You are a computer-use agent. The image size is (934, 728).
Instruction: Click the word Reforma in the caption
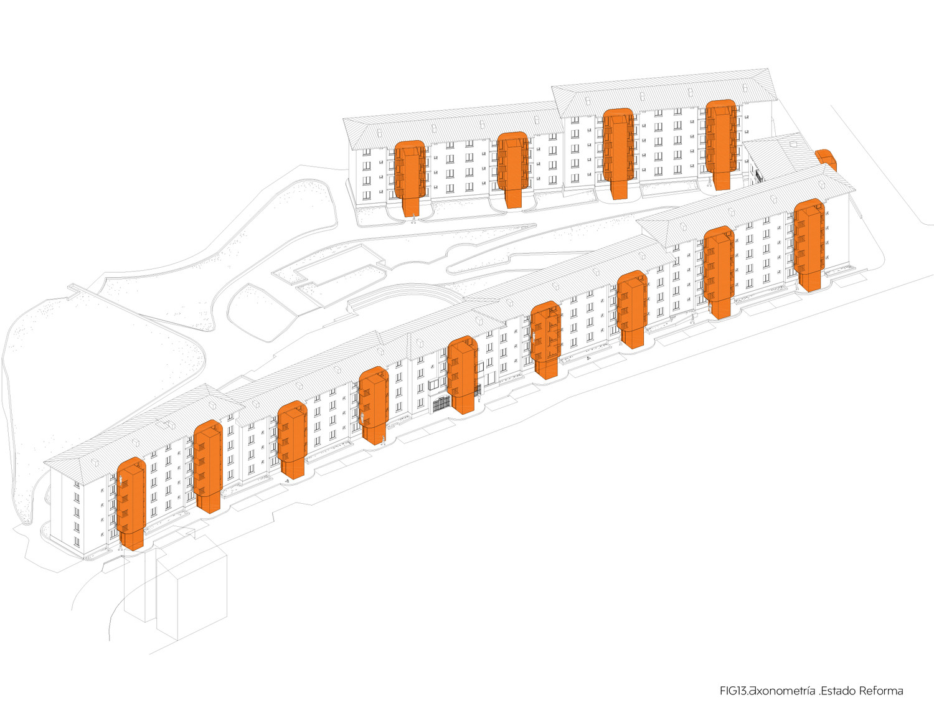(x=881, y=691)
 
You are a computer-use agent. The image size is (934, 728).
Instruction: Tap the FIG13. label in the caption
(x=733, y=691)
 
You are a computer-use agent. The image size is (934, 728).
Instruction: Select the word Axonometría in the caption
(x=781, y=691)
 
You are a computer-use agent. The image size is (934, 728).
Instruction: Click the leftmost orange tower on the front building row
(x=131, y=501)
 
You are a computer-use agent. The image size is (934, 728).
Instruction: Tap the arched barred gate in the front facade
(x=441, y=404)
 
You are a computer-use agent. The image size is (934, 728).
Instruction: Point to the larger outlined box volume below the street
(x=191, y=595)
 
